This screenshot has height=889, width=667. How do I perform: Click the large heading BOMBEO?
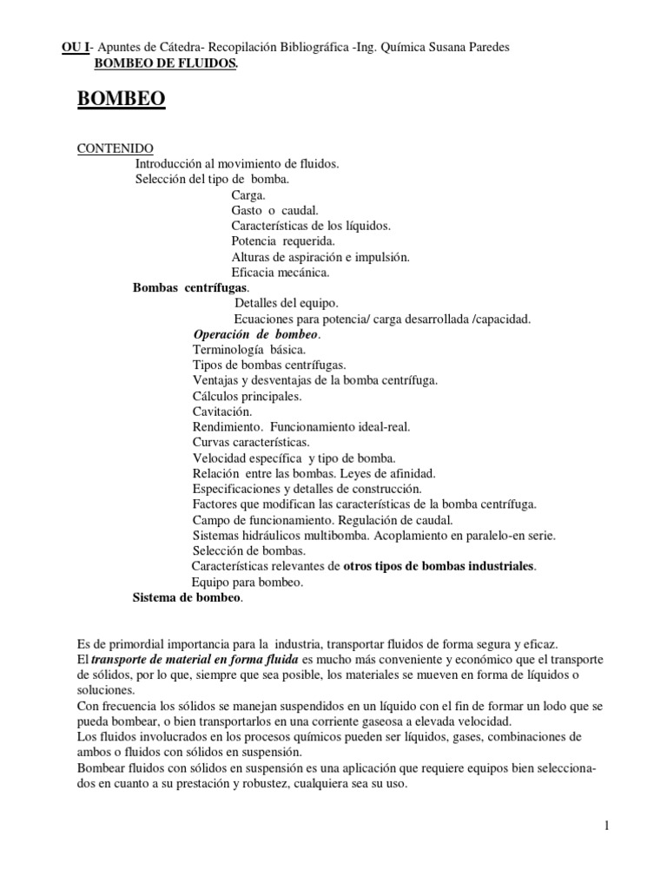122,100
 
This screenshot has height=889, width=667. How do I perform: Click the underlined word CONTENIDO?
116,148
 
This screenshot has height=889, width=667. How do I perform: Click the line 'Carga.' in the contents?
248,195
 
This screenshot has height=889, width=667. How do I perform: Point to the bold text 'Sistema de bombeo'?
188,598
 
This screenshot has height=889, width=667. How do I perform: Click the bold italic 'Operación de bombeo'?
256,334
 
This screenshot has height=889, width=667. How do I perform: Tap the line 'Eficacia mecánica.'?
281,273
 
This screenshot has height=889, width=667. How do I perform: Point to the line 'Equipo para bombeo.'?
247,583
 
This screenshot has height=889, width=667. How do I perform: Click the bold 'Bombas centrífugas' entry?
190,288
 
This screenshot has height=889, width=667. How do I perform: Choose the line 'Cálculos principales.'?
247,396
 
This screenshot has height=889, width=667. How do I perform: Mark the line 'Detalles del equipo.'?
287,304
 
